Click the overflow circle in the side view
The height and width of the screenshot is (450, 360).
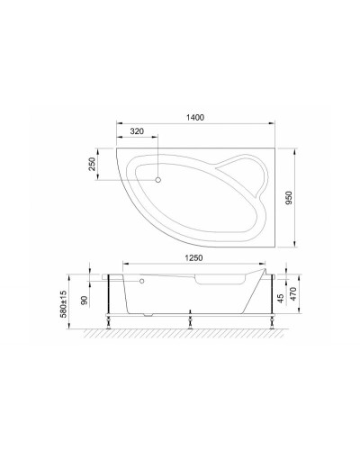(x=141, y=279)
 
